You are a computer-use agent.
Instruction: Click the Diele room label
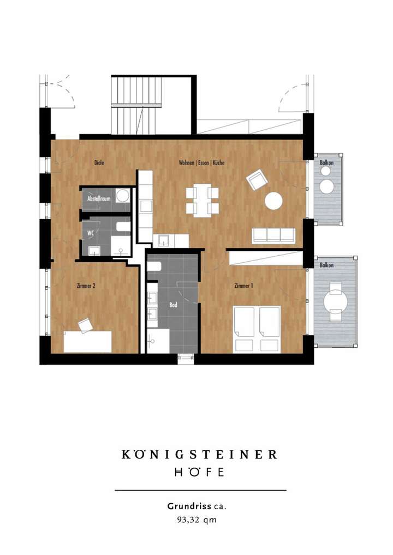pos(99,162)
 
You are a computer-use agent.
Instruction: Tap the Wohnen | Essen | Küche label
pos(201,162)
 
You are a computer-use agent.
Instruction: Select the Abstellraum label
pos(99,199)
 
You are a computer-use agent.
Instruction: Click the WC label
pos(90,232)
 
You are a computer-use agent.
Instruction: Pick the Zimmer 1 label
pos(243,285)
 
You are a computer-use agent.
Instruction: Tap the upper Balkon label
pos(327,162)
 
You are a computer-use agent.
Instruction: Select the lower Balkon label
pos(327,265)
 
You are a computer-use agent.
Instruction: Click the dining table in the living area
pos(202,201)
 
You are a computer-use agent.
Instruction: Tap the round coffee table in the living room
pos(273,201)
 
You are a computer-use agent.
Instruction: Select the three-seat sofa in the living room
pos(273,235)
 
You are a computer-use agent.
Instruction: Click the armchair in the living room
pos(256,179)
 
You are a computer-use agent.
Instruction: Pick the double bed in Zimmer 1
pos(257,329)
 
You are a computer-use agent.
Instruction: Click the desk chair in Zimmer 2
pos(86,325)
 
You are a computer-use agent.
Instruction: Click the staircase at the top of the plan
pos(137,105)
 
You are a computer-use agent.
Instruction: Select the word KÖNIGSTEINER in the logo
pos(199,454)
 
